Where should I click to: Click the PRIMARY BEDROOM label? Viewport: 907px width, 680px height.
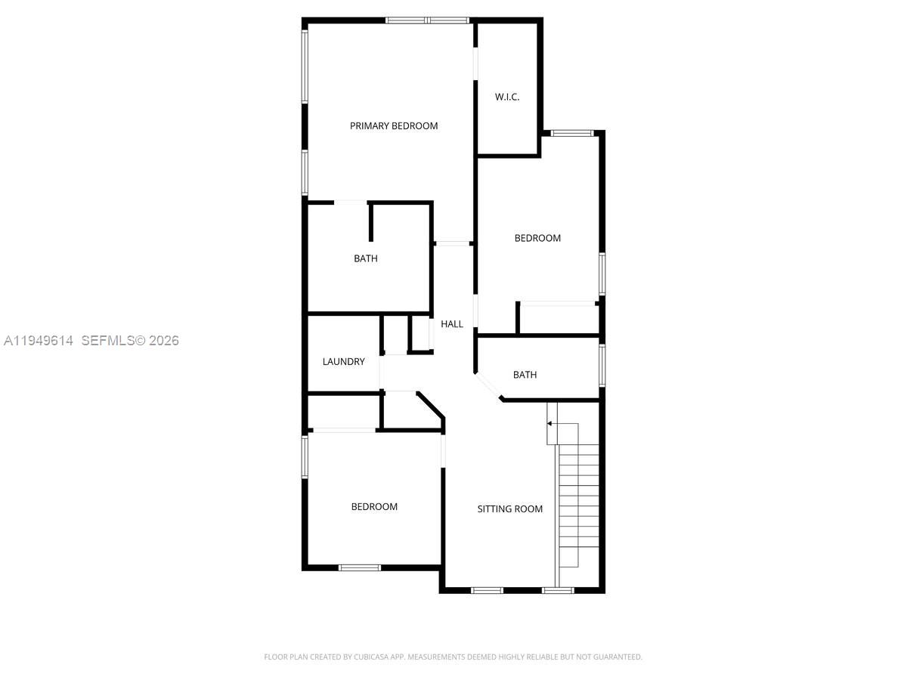[393, 126]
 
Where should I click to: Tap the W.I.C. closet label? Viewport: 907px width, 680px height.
[507, 97]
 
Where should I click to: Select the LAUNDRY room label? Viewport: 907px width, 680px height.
[343, 362]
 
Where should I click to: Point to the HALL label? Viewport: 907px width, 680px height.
[452, 324]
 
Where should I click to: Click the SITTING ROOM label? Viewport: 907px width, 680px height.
[509, 509]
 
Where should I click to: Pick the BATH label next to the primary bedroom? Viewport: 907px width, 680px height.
[366, 258]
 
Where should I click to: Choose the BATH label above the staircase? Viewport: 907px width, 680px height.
[525, 375]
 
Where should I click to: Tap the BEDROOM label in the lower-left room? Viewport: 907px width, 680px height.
[374, 507]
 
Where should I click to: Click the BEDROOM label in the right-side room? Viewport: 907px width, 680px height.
[537, 238]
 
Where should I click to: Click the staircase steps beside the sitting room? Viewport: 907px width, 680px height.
[578, 499]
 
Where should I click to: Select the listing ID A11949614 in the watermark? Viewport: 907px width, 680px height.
[39, 341]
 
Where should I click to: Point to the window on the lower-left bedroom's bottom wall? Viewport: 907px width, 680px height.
[360, 567]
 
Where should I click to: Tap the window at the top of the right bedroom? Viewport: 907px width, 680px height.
[571, 133]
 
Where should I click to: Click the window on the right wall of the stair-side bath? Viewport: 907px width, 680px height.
[602, 365]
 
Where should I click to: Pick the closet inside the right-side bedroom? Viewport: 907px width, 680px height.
[558, 319]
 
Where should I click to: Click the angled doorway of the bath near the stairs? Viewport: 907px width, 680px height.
[488, 385]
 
